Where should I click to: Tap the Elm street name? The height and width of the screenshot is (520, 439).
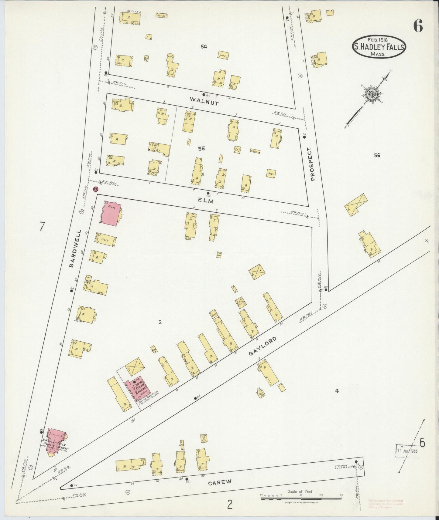tap(207, 201)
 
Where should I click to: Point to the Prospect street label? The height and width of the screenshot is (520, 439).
tap(313, 164)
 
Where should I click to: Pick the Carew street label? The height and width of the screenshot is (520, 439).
tap(220, 482)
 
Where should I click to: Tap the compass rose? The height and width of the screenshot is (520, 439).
tap(371, 94)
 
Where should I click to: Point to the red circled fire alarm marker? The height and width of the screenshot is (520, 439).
tap(96, 189)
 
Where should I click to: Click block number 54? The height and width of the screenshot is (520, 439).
tap(204, 46)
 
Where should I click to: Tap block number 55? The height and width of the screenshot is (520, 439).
tap(201, 149)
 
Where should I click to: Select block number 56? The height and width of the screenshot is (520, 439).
tap(377, 156)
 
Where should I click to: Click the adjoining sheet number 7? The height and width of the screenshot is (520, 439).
tap(42, 227)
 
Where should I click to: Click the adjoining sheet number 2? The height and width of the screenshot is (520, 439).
tap(230, 505)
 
